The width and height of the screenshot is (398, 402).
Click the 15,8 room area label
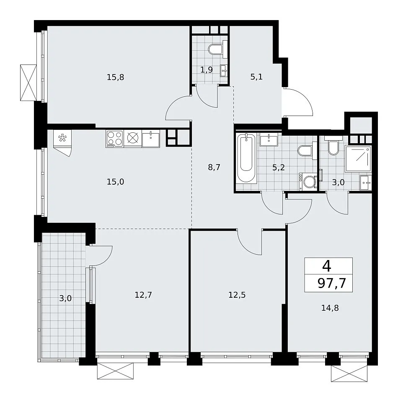click(x=115, y=77)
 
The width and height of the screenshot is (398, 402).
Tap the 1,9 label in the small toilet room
click(x=207, y=70)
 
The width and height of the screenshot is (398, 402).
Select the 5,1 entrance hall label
click(x=256, y=77)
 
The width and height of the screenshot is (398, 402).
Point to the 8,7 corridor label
click(x=214, y=167)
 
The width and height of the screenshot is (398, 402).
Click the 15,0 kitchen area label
click(x=115, y=182)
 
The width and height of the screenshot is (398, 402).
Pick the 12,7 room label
click(x=143, y=295)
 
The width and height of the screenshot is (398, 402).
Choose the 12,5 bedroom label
click(x=237, y=295)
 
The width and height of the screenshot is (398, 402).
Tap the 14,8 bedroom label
click(x=330, y=308)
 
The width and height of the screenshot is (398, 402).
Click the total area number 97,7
click(x=332, y=283)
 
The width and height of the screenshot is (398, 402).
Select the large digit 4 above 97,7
click(x=327, y=266)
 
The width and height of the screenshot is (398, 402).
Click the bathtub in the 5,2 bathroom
click(x=246, y=158)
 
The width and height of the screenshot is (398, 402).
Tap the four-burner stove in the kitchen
click(x=115, y=139)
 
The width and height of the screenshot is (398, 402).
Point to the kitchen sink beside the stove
click(x=151, y=139)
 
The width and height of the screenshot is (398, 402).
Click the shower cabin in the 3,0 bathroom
click(x=358, y=158)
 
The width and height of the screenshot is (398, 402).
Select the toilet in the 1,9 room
click(x=215, y=49)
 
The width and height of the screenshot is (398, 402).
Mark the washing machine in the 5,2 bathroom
click(x=308, y=181)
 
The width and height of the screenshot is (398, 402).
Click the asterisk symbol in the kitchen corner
click(x=62, y=139)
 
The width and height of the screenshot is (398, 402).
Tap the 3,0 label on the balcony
click(x=65, y=299)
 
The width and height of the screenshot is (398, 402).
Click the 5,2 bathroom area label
click(x=279, y=167)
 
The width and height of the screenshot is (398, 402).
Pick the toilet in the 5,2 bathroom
click(x=305, y=151)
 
